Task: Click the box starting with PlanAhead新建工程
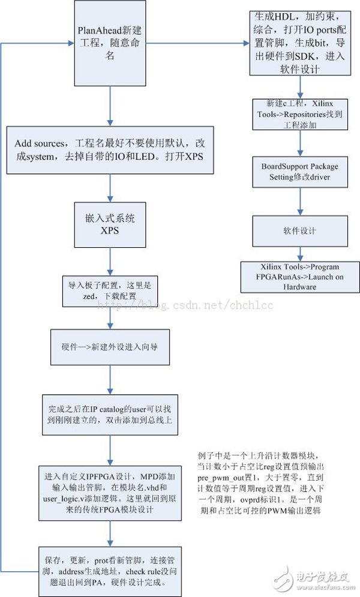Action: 110,43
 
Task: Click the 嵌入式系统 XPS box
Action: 110,226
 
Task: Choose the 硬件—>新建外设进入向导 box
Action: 110,347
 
